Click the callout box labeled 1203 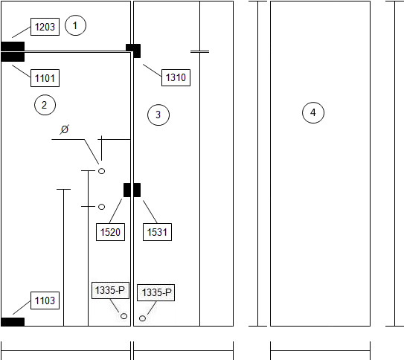point(45,27)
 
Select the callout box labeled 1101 point(45,78)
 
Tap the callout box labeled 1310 point(176,77)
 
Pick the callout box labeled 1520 point(110,232)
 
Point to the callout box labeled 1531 point(157,232)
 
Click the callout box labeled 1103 point(45,300)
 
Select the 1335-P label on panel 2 point(110,291)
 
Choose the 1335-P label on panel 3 point(156,292)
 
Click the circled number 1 point(75,25)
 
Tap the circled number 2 point(45,105)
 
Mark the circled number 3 point(158,115)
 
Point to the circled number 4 point(313,112)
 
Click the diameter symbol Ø point(65,129)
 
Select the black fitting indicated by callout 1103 point(13,322)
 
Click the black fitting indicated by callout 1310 point(133,51)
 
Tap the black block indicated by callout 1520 point(127,190)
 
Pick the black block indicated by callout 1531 point(137,190)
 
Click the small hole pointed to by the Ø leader point(101,171)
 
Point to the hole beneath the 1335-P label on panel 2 point(124,316)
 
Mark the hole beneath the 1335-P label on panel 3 point(143,318)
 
